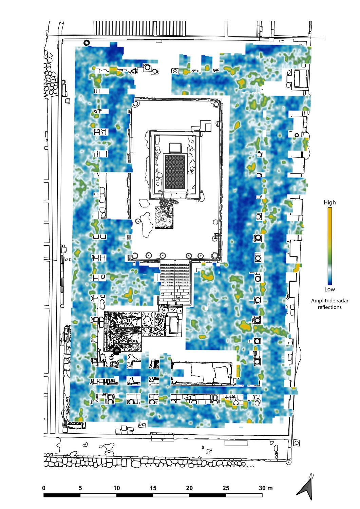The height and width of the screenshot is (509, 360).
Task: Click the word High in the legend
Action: pos(329,203)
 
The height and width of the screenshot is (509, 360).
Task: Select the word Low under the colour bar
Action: pos(329,289)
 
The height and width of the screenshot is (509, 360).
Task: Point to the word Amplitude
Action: pos(321,301)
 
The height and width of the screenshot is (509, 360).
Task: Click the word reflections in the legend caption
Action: pos(329,307)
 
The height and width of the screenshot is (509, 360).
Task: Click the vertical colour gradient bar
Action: pos(329,246)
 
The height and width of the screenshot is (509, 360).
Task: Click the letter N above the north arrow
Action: pos(312,475)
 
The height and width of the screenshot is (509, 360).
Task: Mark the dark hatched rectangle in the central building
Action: pos(175,172)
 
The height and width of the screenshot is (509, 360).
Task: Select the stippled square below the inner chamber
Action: pos(164,218)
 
